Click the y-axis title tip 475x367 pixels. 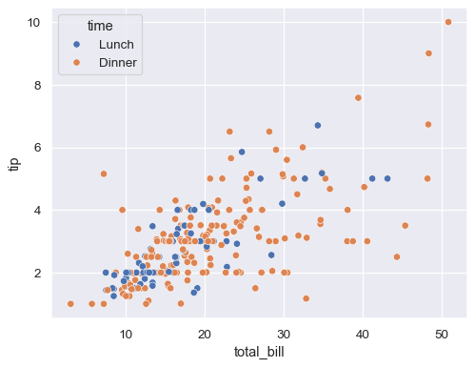tap(14, 163)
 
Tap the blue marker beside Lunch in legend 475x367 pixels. tap(76, 44)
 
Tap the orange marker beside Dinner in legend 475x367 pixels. tap(76, 63)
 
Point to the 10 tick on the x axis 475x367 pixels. tap(126, 330)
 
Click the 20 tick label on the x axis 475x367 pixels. tap(205, 330)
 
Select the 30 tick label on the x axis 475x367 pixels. tap(284, 330)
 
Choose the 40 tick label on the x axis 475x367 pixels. tap(363, 330)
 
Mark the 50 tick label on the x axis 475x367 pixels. tap(442, 330)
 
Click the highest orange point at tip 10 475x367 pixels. tap(448, 22)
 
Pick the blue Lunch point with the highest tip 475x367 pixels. tap(318, 125)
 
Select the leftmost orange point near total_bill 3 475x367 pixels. tap(70, 304)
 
